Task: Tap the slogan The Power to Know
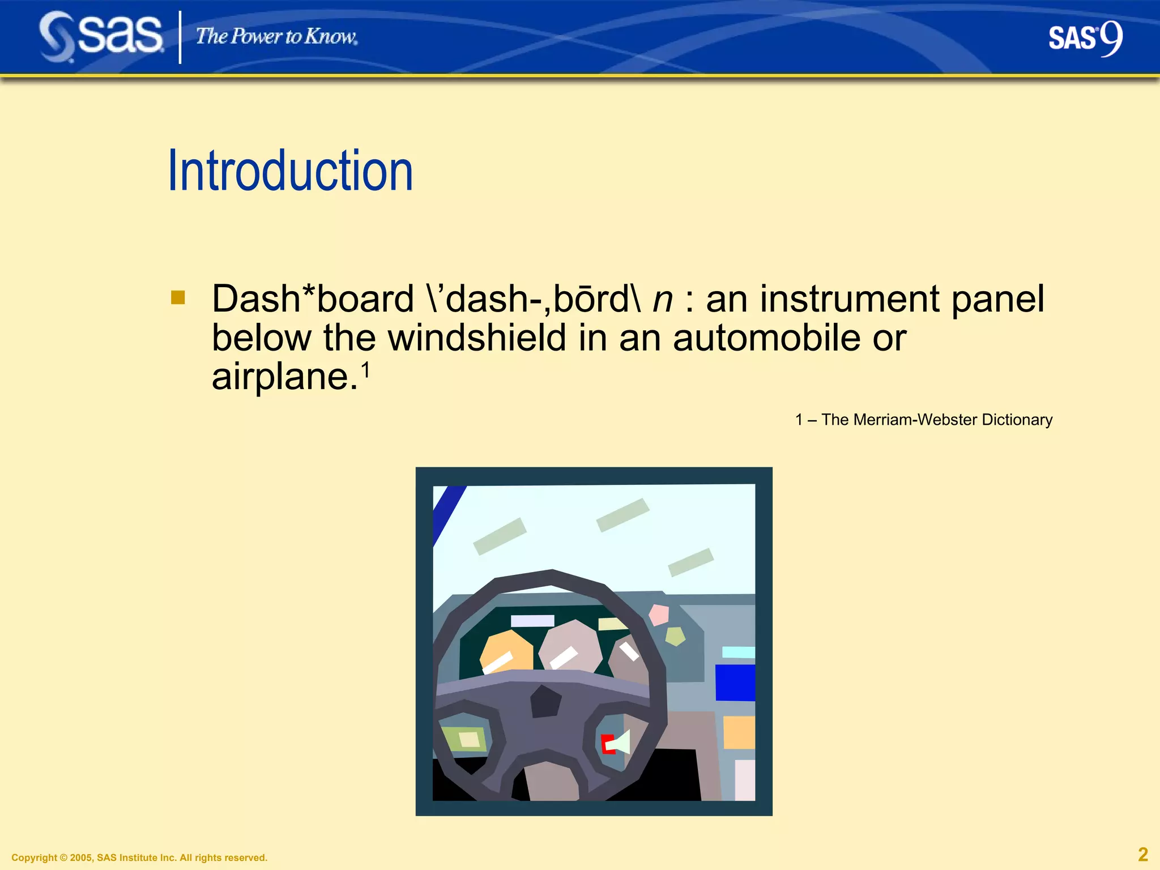coord(276,37)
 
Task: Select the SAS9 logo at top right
coord(1085,39)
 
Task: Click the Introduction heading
coord(290,170)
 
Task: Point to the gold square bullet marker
coord(178,297)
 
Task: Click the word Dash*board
coord(313,299)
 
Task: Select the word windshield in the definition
coord(477,338)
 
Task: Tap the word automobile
coord(766,338)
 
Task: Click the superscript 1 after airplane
coord(366,370)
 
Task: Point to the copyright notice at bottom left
coord(139,858)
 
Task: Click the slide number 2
coord(1142,854)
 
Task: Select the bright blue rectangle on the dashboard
coord(735,683)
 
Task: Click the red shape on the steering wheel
coord(607,744)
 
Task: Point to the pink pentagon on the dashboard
coord(659,615)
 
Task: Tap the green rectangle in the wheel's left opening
coord(463,739)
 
